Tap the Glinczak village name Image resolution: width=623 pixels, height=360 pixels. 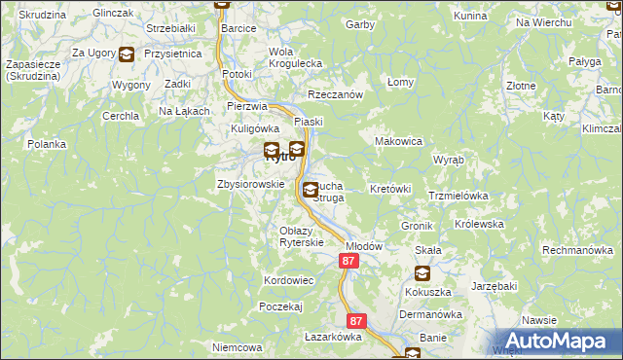[x=113, y=13]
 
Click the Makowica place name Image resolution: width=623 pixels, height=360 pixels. [x=399, y=141]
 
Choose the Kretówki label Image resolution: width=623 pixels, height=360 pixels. [x=391, y=188]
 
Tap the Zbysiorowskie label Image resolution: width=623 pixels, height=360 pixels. [x=250, y=184]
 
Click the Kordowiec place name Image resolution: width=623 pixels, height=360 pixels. [x=288, y=280]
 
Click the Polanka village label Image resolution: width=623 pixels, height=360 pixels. [x=47, y=144]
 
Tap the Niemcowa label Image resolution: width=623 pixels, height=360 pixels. [x=238, y=347]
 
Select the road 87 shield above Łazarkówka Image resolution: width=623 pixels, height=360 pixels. [x=356, y=320]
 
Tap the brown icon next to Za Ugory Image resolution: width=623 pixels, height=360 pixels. [x=127, y=54]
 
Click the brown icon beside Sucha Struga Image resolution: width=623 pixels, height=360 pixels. [x=310, y=190]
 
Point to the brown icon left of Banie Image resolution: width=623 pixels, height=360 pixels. [x=413, y=354]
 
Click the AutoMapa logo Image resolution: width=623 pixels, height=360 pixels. [x=556, y=341]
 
